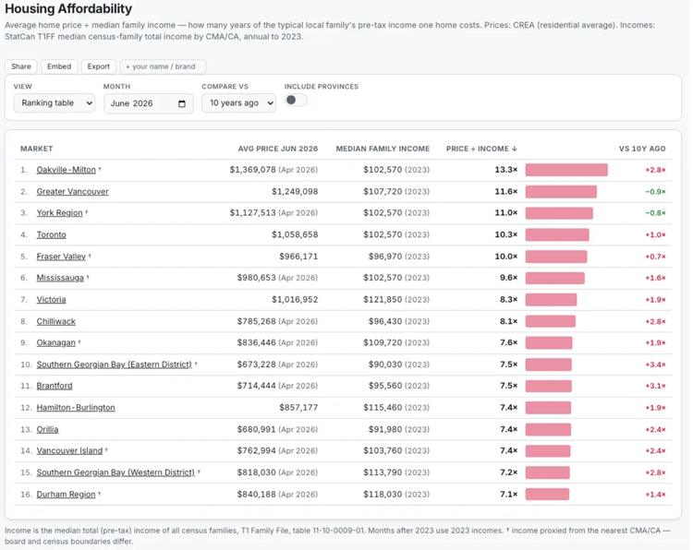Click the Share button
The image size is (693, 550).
point(21,66)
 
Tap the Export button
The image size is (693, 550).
point(99,66)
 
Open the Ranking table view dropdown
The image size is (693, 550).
point(55,103)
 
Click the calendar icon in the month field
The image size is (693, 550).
point(182,103)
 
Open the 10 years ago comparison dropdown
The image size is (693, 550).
point(239,103)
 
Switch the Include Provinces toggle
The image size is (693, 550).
point(296,101)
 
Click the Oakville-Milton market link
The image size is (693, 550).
point(66,170)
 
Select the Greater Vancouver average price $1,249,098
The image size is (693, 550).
point(295,192)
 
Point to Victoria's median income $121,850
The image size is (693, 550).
point(383,300)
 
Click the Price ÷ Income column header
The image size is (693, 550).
point(481,149)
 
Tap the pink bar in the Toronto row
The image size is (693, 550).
point(557,234)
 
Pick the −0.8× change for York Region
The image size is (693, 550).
point(655,213)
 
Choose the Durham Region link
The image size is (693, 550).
point(66,495)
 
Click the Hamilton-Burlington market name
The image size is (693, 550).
point(76,407)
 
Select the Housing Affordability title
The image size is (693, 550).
point(68,9)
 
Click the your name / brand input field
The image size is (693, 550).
point(163,66)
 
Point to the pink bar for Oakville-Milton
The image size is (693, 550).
point(566,170)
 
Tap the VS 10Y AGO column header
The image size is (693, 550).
point(642,149)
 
